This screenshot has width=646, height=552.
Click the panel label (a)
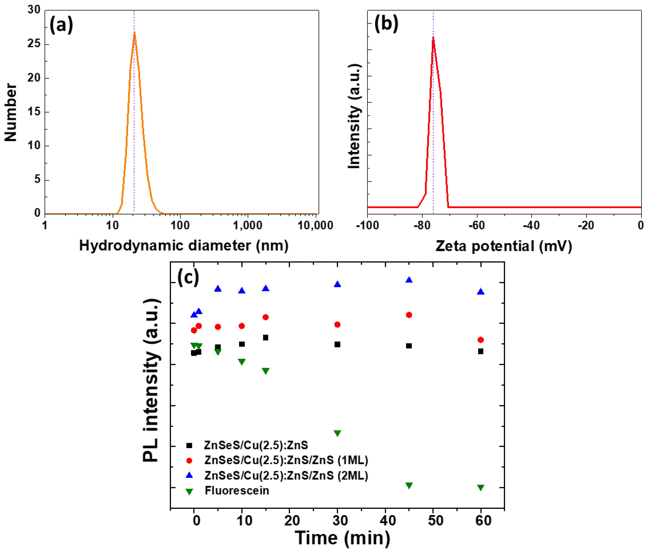pyautogui.click(x=61, y=25)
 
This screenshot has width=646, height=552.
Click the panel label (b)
pyautogui.click(x=386, y=24)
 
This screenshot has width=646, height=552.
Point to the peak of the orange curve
pyautogui.click(x=134, y=32)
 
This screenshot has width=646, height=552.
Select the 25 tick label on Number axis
pyautogui.click(x=34, y=44)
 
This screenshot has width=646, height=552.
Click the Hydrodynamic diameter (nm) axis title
pyautogui.click(x=184, y=245)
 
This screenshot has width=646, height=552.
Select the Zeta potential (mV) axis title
pyautogui.click(x=504, y=246)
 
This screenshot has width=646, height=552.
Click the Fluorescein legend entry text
pyautogui.click(x=237, y=491)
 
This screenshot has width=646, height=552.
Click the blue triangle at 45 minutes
pyautogui.click(x=409, y=280)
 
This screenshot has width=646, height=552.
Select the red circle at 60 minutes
pyautogui.click(x=481, y=340)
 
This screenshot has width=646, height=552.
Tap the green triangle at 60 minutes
pyautogui.click(x=481, y=487)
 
